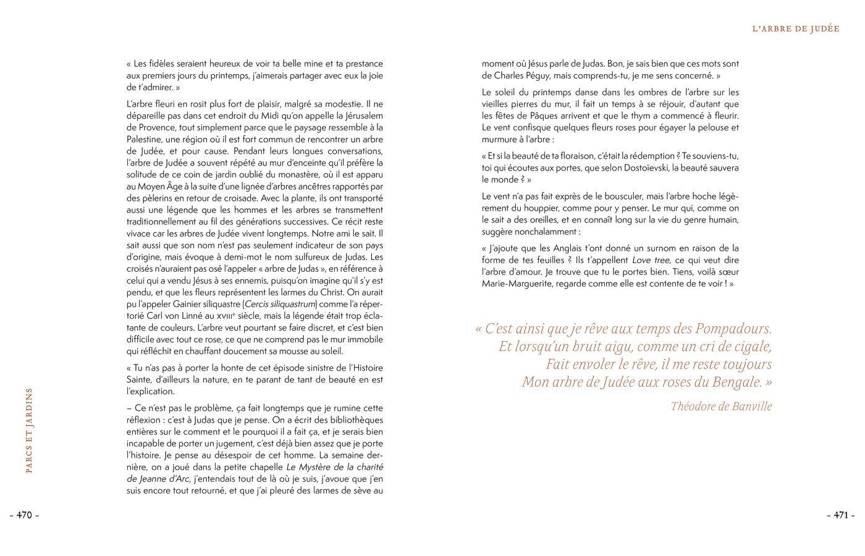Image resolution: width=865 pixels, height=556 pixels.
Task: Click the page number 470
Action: [24, 515]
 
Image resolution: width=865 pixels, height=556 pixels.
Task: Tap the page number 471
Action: [841, 515]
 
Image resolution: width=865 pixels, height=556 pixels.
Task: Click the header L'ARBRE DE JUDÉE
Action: [796, 29]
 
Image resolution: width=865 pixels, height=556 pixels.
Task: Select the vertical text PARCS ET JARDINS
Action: [28, 430]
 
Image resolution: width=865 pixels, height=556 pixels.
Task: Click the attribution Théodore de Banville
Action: [721, 406]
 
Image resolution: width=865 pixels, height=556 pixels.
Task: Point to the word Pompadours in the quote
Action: [733, 329]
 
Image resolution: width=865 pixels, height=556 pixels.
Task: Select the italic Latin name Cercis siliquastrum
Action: [281, 304]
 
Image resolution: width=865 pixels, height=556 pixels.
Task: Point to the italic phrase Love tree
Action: [651, 260]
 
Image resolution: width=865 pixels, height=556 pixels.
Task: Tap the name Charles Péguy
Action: [541, 75]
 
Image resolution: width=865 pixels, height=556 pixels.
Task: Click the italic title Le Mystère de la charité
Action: [334, 467]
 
